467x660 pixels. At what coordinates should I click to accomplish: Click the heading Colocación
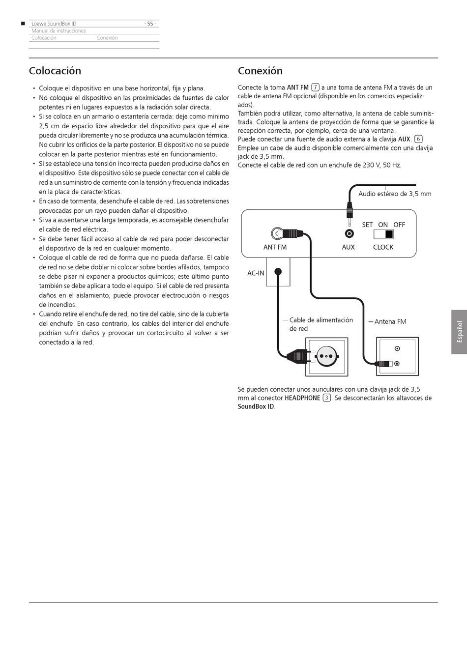[x=55, y=71]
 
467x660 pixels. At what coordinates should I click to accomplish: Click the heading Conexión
[x=260, y=71]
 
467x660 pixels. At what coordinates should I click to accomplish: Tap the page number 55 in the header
[x=150, y=24]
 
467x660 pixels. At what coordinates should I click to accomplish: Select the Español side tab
[x=459, y=332]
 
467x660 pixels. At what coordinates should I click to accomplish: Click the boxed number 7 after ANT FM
[x=316, y=87]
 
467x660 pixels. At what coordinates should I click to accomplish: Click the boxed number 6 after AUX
[x=418, y=139]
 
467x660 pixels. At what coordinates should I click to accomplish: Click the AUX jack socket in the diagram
[x=349, y=234]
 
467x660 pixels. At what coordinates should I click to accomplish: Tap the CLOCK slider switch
[x=383, y=234]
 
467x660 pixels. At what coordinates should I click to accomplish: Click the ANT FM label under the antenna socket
[x=275, y=247]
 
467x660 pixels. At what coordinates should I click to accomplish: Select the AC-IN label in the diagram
[x=256, y=273]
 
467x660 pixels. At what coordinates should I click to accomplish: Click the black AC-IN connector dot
[x=278, y=271]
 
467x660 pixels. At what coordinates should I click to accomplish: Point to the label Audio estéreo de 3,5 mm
[x=395, y=194]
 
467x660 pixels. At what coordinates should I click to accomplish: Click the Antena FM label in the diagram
[x=390, y=322]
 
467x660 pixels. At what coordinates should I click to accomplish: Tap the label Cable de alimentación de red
[x=321, y=324]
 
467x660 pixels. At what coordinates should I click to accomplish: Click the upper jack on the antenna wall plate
[x=397, y=349]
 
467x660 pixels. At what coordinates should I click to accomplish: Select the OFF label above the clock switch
[x=399, y=225]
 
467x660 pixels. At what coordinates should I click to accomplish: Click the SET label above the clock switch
[x=367, y=225]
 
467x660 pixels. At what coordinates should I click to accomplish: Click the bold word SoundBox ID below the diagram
[x=256, y=406]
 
